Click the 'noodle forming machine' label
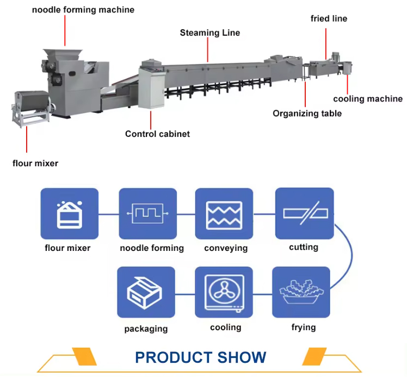(83, 10)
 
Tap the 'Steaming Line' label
(209, 33)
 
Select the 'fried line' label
(329, 18)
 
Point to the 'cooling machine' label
(368, 99)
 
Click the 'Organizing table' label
(307, 114)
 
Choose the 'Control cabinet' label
(157, 134)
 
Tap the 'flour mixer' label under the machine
(35, 162)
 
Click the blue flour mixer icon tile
(69, 214)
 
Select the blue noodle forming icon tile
(148, 214)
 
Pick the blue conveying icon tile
(224, 214)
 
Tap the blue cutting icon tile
(304, 213)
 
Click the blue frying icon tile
(301, 292)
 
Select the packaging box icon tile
(145, 292)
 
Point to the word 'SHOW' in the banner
(243, 357)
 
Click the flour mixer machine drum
(32, 103)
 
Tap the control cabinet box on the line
(150, 87)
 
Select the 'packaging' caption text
(145, 329)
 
